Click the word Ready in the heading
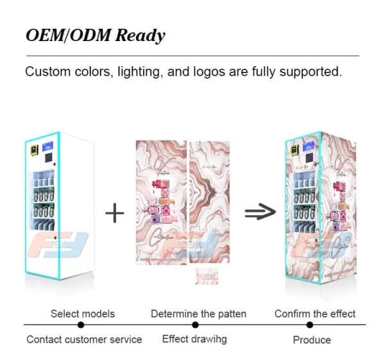pos(139,35)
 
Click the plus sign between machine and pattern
pos(114,212)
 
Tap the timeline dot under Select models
pos(82,325)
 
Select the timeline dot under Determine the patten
pos(198,325)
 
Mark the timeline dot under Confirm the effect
pos(314,325)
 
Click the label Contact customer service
pos(84,339)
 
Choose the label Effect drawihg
pos(194,339)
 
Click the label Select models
pos(83,314)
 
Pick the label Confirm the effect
pos(315,314)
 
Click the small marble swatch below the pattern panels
pos(207,277)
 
